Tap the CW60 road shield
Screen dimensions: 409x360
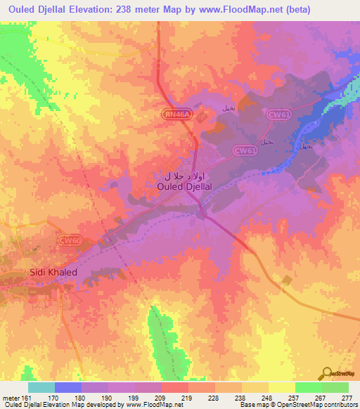(x=69, y=240)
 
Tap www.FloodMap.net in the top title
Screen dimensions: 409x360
(x=239, y=10)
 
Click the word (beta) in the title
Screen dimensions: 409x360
(x=294, y=10)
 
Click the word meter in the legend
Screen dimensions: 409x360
(x=12, y=397)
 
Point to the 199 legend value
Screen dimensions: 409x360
(x=134, y=397)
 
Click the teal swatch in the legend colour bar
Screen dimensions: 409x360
(x=41, y=387)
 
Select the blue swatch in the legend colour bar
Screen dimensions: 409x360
(x=68, y=387)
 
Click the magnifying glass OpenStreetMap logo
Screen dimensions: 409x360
(x=327, y=372)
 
